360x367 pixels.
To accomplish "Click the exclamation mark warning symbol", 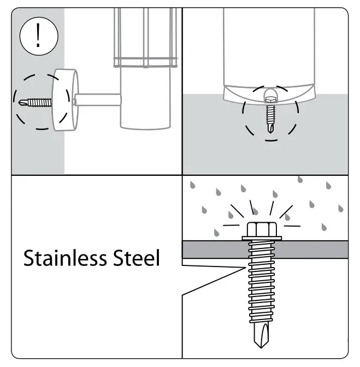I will pyautogui.click(x=37, y=37).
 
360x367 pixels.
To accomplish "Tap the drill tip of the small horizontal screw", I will pyautogui.click(x=21, y=102).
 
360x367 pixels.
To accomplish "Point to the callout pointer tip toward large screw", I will pyautogui.click(x=243, y=268).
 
